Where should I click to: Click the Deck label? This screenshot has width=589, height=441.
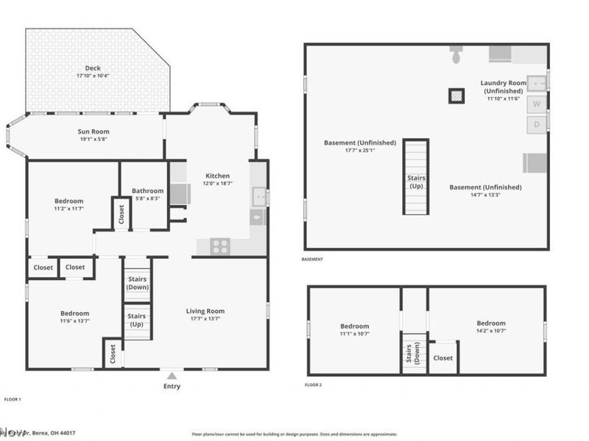pos(93,68)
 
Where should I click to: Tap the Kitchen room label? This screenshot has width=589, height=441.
pos(217,176)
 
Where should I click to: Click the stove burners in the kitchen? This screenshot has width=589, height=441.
pos(220,246)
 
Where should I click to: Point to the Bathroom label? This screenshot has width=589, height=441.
pos(147,191)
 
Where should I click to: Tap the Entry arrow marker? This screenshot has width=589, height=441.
pos(172,376)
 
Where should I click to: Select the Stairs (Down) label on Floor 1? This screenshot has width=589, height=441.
pos(137,283)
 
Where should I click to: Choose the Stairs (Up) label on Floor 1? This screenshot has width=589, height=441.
pos(137,320)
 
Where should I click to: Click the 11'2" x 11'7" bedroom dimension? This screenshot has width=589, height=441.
pos(68,209)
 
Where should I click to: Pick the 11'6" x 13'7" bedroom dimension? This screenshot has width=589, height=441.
pos(74,321)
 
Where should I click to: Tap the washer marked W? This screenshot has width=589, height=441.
pos(537,104)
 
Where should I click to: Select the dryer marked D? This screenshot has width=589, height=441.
pos(537,124)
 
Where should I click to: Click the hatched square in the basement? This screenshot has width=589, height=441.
pos(457,95)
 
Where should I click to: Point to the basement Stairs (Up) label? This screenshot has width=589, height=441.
pos(415,182)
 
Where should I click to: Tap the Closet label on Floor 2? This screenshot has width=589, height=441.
pos(442,358)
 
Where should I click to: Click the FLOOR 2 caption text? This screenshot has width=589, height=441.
pos(313,384)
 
